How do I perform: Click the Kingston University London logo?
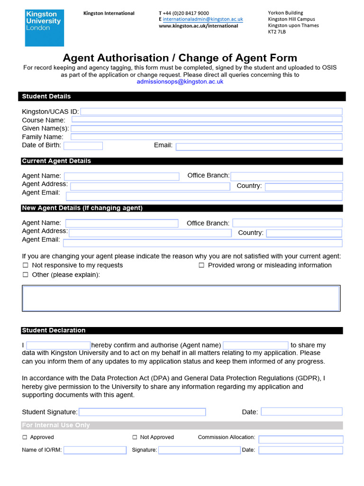point(44,28)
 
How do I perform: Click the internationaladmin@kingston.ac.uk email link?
point(203,19)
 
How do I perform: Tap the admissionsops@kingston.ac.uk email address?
point(180,82)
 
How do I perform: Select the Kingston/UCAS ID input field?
point(211,112)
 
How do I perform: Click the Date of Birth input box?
point(83,146)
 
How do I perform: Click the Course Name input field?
point(207,120)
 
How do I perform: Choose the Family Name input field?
point(206,137)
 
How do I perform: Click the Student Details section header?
point(46,96)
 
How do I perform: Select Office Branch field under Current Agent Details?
point(286,176)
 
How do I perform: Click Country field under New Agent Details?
point(304,233)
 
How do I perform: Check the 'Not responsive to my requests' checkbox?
point(26,266)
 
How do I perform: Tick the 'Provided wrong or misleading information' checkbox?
point(201,266)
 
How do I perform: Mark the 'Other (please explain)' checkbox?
point(26,275)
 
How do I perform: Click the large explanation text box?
point(181,299)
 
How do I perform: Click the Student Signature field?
point(142,412)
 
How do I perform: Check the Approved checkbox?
point(25,437)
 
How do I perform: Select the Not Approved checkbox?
point(135,437)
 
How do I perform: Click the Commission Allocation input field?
point(300,439)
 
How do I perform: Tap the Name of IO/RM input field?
point(95,450)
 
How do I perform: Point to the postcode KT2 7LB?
point(277,32)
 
